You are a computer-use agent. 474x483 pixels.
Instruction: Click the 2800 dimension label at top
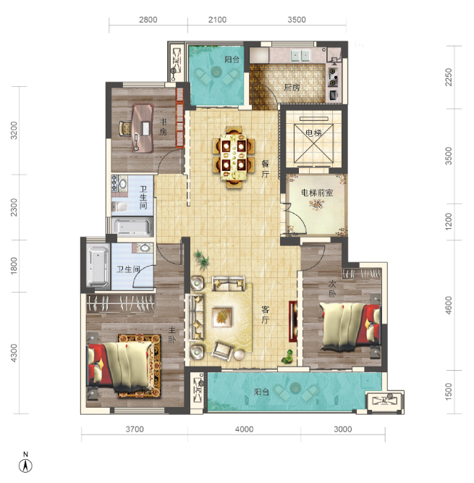pyautogui.click(x=148, y=20)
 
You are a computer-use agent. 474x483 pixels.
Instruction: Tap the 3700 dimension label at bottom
pyautogui.click(x=135, y=429)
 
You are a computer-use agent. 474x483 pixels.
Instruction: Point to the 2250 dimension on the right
pyautogui.click(x=449, y=77)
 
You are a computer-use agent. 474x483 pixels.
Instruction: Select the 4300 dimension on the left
pyautogui.click(x=14, y=353)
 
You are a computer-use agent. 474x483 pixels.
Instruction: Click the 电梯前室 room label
pyautogui.click(x=317, y=193)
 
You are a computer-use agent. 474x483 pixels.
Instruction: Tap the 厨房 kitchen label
pyautogui.click(x=292, y=88)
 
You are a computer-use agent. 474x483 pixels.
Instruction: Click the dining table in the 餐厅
pyautogui.click(x=234, y=157)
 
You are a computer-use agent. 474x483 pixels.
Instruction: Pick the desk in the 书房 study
pyautogui.click(x=143, y=128)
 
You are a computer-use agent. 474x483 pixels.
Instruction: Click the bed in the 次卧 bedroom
pyautogui.click(x=350, y=327)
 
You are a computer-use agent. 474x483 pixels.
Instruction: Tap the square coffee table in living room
pyautogui.click(x=221, y=317)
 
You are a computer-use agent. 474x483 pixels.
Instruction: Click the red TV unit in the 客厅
pyautogui.click(x=292, y=322)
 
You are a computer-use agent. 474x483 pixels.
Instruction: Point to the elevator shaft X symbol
pyautogui.click(x=313, y=143)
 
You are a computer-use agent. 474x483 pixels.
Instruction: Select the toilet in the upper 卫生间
pyautogui.click(x=119, y=206)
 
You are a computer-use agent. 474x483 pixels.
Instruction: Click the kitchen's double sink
pyautogui.click(x=300, y=56)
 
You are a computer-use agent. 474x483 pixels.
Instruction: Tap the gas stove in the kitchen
pyautogui.click(x=333, y=77)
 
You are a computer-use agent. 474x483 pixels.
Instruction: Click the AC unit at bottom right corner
pyautogui.click(x=385, y=400)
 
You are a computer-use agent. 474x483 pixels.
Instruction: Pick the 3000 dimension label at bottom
pyautogui.click(x=342, y=429)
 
